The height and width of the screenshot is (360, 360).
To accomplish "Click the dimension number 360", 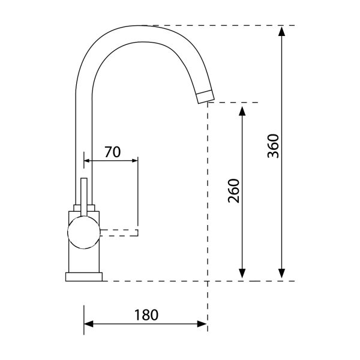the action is (x=273, y=146).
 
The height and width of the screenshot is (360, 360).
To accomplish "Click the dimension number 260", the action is (x=234, y=191).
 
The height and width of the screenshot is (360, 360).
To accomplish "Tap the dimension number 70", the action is (x=113, y=152).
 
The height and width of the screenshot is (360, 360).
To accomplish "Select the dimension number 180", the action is (x=146, y=315).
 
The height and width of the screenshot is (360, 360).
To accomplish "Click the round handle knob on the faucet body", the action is (x=84, y=233).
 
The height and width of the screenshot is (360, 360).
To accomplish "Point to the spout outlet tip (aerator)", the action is (x=206, y=97).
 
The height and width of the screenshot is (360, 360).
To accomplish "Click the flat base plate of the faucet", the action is (x=84, y=277).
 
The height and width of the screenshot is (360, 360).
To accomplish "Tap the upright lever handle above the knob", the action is (x=84, y=197).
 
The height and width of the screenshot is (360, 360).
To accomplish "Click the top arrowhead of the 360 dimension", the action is (x=282, y=31).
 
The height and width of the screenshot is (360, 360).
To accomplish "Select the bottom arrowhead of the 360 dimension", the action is (x=282, y=274).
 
